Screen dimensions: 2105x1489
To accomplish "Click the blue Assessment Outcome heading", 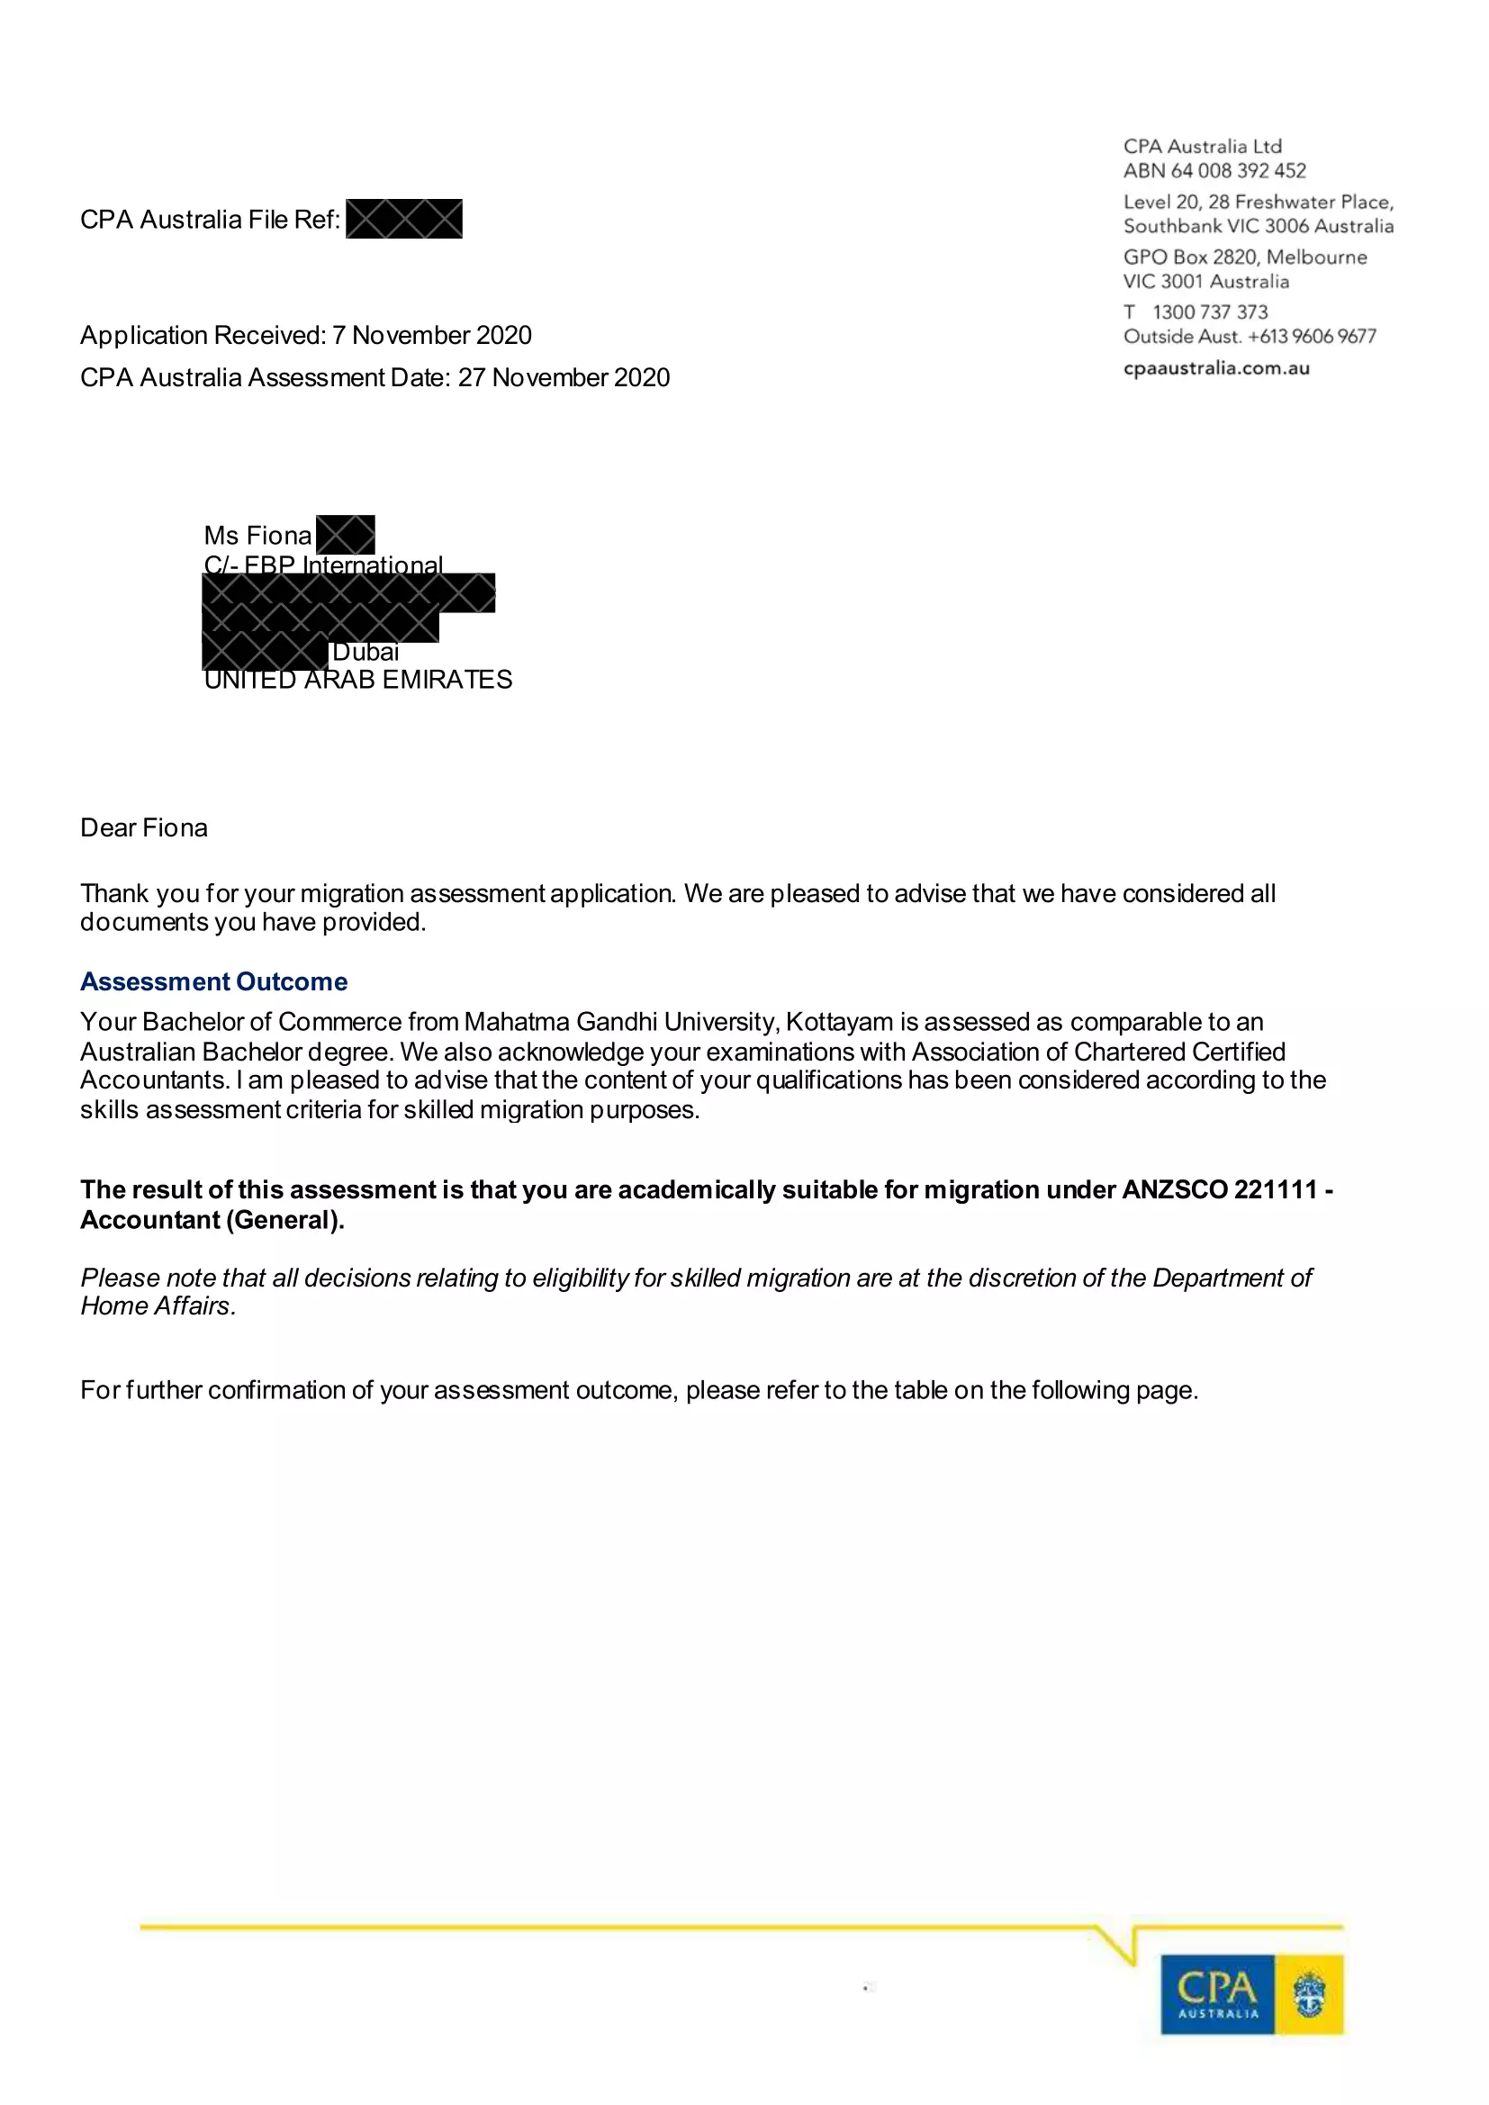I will pos(213,981).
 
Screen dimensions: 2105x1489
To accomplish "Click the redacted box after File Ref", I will pos(403,219).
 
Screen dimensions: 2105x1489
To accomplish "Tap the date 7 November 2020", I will pos(432,336).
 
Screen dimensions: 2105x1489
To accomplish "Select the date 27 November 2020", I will pos(564,378).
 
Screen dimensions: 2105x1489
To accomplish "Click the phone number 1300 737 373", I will pos(1209,312).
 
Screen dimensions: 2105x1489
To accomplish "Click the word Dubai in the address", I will pos(365,652).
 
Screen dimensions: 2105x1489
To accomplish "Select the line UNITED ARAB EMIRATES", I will pos(357,680).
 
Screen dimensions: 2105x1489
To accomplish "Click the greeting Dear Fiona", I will pos(144,828).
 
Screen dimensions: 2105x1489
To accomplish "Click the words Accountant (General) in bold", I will pos(212,1219).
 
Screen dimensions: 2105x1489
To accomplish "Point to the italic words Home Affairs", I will pos(158,1305).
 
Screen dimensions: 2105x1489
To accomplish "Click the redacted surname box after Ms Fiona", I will pos(345,535).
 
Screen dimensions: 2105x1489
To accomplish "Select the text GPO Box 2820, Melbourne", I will pos(1244,257).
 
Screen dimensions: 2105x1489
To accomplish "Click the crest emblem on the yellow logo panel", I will pos(1309,1995).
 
